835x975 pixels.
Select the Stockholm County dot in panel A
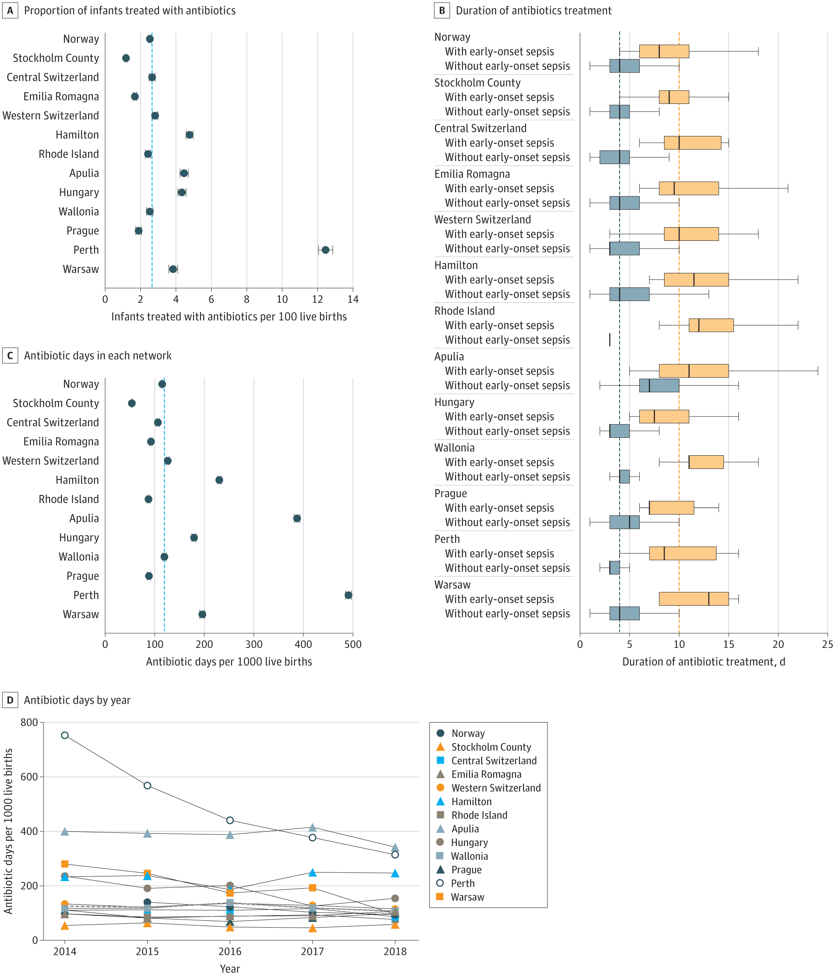point(126,59)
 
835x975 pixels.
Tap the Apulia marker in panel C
point(297,518)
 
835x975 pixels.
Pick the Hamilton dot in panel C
point(219,480)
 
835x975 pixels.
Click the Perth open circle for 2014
point(65,735)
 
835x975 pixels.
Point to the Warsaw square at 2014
point(65,864)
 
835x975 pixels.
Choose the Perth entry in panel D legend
point(462,883)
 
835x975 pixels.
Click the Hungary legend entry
point(469,842)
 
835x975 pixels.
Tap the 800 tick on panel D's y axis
point(29,723)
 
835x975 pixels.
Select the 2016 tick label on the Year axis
point(230,952)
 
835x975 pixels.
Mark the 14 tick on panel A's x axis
point(353,299)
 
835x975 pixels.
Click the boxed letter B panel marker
point(442,10)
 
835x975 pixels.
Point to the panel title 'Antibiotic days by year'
point(77,700)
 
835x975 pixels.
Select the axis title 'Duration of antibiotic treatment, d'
point(704,662)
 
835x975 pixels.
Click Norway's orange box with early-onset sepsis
point(664,51)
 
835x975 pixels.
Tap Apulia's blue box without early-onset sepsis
point(659,385)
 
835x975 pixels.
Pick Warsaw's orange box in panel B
point(693,599)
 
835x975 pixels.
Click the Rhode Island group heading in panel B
point(465,311)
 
